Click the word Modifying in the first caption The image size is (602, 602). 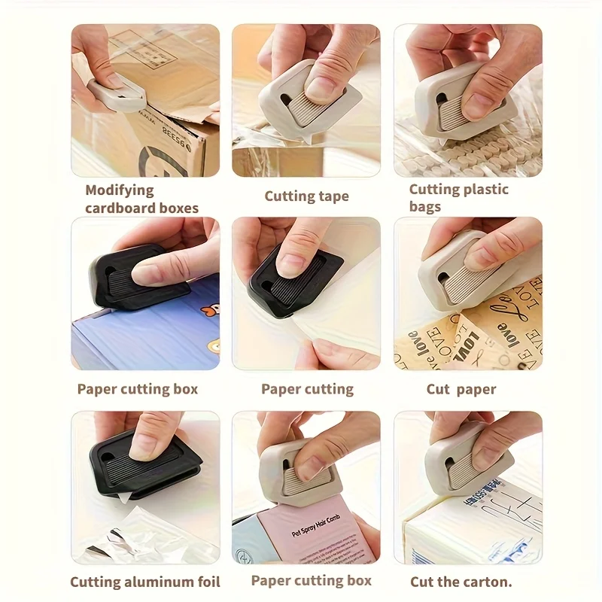coord(119,190)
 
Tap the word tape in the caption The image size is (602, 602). coord(331,196)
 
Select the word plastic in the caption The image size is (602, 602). coord(479,190)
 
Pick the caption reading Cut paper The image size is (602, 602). coord(461,389)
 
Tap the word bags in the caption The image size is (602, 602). coord(425,207)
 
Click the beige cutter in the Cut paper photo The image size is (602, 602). coord(451,271)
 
